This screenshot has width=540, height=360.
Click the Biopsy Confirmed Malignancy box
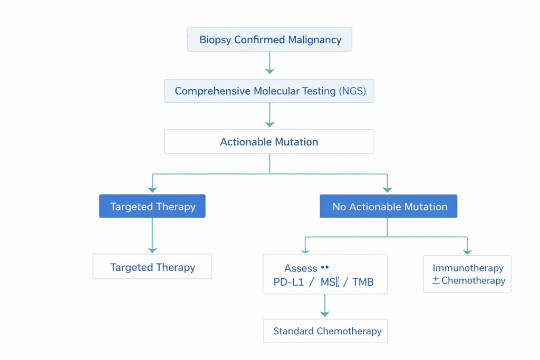[269, 40]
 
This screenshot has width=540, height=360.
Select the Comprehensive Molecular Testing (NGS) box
[269, 91]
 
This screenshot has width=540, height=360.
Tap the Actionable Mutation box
[269, 142]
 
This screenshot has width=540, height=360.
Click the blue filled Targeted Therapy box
[152, 207]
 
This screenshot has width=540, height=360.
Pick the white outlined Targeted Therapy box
[152, 267]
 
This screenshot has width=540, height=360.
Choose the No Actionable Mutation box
[389, 207]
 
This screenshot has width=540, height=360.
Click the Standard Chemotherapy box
[325, 331]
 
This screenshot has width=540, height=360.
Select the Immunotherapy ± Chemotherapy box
[467, 275]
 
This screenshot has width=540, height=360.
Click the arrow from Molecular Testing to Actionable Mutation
[269, 114]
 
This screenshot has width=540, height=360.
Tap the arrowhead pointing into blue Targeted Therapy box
[152, 189]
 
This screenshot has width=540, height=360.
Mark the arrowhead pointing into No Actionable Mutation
[388, 189]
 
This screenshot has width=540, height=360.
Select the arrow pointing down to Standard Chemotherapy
[325, 306]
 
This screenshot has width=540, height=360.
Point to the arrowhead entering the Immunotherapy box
[467, 251]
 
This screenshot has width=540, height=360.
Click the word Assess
[301, 269]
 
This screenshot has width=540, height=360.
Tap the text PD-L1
[287, 283]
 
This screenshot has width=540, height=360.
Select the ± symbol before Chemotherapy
[436, 280]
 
